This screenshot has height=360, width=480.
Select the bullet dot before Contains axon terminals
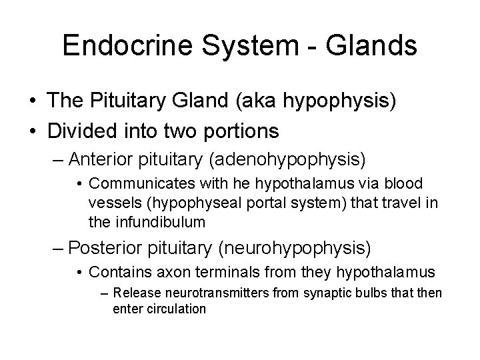(79, 273)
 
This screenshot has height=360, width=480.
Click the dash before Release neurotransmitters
(105, 294)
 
